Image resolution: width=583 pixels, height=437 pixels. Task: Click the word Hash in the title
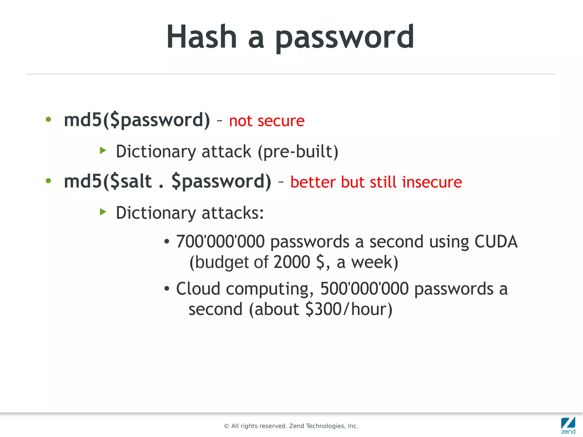tap(202, 37)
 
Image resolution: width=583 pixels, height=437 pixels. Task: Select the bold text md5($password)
tap(137, 120)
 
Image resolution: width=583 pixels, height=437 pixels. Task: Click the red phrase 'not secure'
tap(267, 121)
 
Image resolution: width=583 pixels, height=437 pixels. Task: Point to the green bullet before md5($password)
tap(48, 120)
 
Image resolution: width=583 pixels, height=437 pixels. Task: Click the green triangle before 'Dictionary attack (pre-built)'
tap(103, 150)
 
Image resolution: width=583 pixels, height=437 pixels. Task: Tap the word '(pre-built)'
tap(298, 151)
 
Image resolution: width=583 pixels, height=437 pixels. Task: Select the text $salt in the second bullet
tap(131, 181)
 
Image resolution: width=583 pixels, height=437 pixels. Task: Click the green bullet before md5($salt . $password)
tap(48, 181)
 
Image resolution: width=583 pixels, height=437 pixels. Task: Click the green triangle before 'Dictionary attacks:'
tap(103, 212)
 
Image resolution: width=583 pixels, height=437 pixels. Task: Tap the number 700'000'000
tap(220, 242)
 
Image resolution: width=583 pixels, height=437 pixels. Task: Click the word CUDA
tap(496, 242)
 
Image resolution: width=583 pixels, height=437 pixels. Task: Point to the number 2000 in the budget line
tap(292, 262)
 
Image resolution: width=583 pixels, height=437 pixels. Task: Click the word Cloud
tap(198, 289)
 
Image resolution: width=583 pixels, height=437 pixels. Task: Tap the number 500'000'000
tap(364, 289)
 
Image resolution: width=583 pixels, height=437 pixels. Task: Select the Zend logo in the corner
tap(568, 425)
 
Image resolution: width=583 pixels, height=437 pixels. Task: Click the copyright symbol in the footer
tap(227, 426)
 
